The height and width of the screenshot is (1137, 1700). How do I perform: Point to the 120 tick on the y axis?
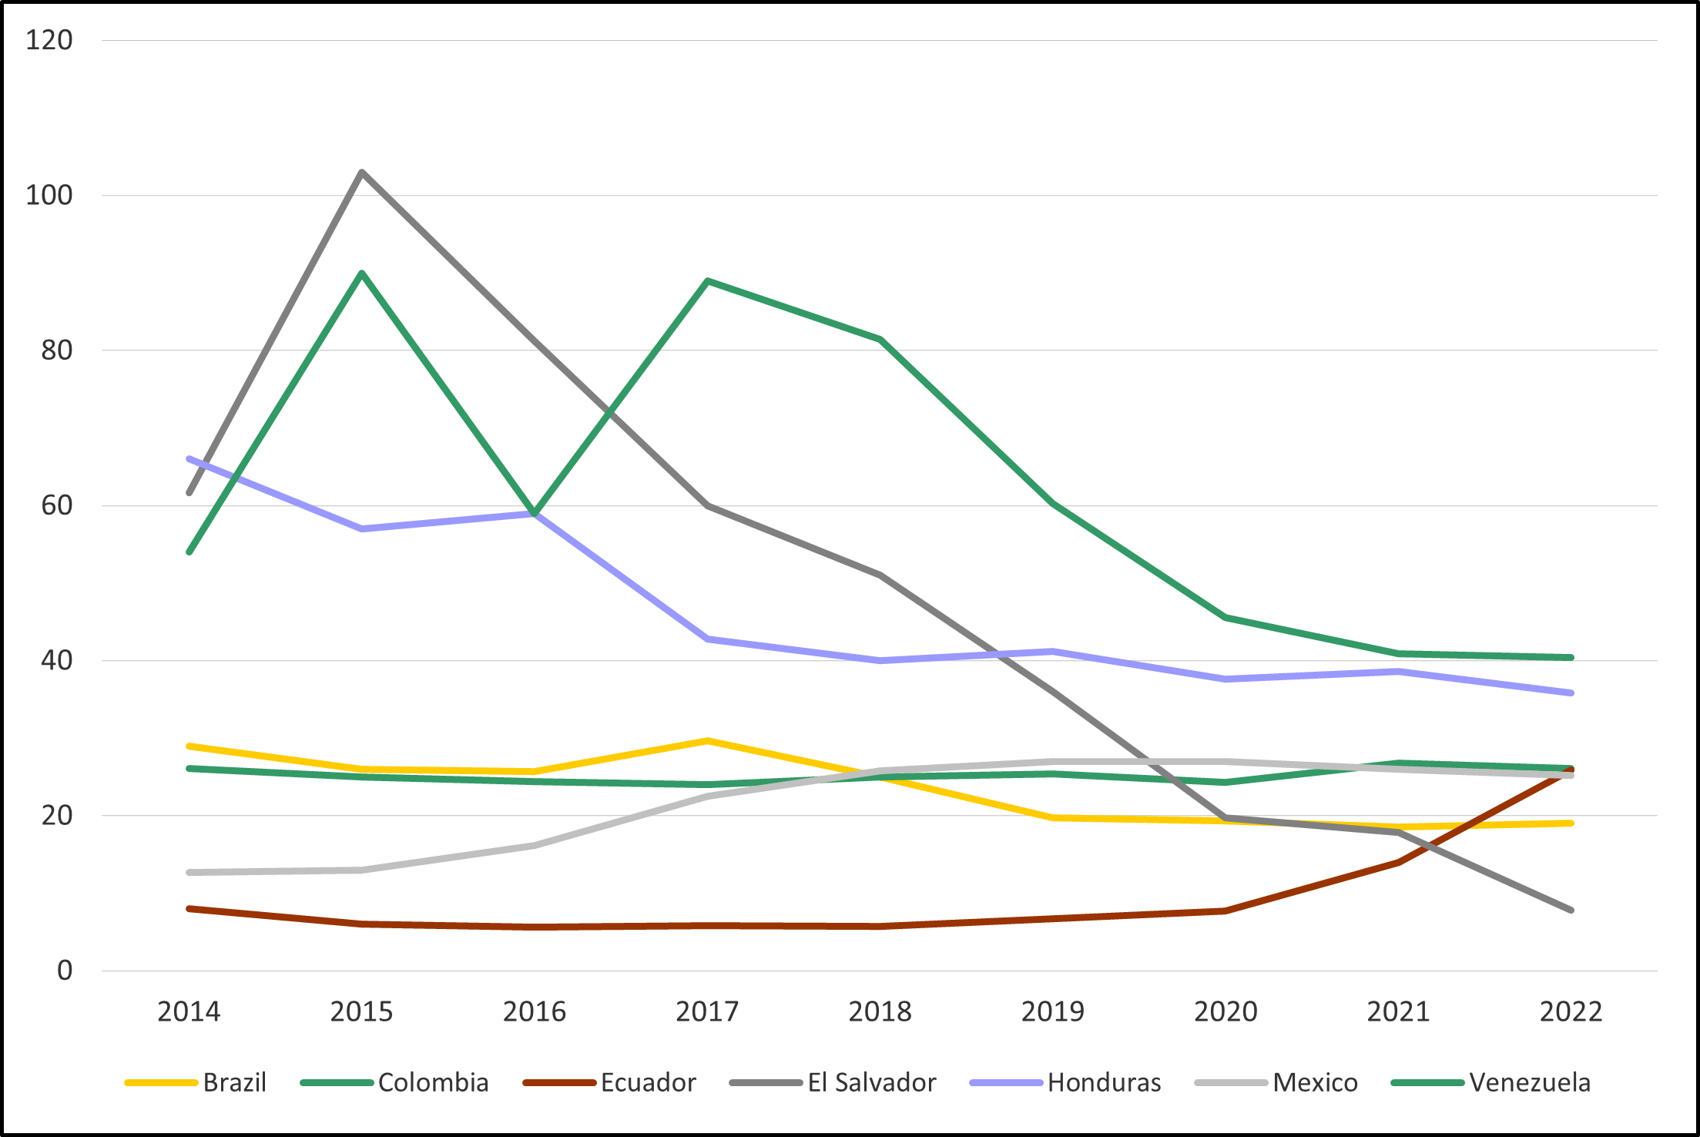pos(49,40)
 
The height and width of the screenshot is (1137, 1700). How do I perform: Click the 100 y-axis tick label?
pos(49,195)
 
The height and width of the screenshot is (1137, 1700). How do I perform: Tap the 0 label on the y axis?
pos(65,971)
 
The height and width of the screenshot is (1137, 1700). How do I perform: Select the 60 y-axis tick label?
pos(56,505)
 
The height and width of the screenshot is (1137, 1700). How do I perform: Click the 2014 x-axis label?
pos(189,1011)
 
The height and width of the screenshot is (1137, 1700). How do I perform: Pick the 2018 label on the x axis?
pos(880,1011)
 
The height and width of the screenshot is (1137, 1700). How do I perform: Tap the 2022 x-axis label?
pos(1571,1011)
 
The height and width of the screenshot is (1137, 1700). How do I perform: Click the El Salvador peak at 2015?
pos(362,173)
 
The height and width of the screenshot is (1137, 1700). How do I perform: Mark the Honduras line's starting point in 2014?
pos(189,459)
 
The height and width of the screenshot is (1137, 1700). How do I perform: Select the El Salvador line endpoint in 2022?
pos(1571,911)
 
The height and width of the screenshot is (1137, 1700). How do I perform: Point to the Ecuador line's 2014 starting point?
pos(189,909)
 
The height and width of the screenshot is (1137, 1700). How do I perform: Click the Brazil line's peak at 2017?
pos(707,741)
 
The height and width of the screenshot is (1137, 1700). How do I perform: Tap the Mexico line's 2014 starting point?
pos(189,873)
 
